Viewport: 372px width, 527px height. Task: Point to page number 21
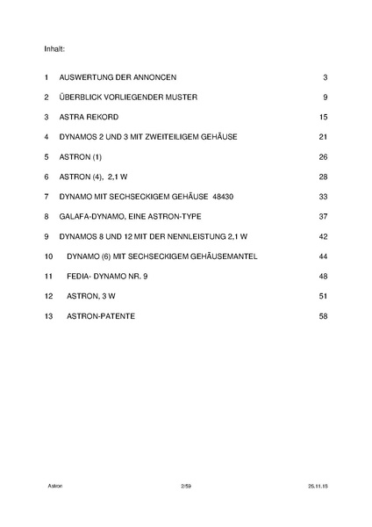[x=322, y=137]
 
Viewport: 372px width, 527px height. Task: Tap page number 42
[x=322, y=236]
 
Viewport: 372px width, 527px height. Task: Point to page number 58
[x=322, y=315]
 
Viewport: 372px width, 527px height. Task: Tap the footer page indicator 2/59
[x=184, y=484]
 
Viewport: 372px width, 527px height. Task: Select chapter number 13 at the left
[x=47, y=315]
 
